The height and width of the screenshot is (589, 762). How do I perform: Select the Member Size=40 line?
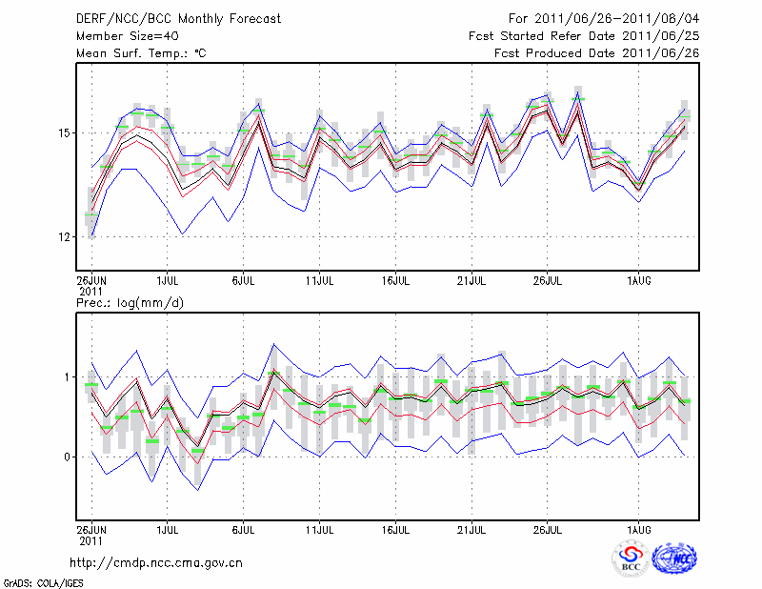tap(120, 35)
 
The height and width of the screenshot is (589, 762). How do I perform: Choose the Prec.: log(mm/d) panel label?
tap(129, 302)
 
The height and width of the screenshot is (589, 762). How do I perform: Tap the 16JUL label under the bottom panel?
tap(395, 527)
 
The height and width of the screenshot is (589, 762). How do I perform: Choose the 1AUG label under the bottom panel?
tap(639, 527)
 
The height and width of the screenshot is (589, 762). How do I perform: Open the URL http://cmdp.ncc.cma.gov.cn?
tap(156, 562)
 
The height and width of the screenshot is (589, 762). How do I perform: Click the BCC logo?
tap(631, 559)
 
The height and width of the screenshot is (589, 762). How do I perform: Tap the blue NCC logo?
tap(674, 559)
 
